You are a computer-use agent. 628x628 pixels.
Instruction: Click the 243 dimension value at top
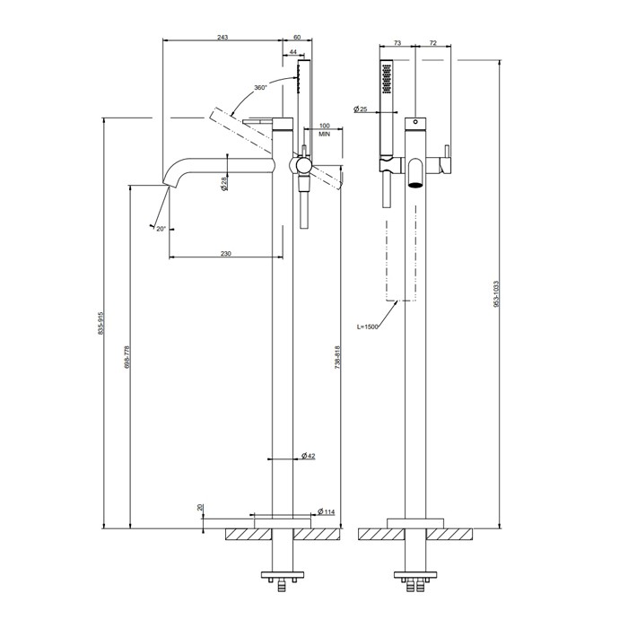click(x=222, y=38)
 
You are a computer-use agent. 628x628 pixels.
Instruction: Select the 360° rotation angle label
click(x=260, y=87)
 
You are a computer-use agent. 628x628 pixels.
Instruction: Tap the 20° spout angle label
click(x=161, y=229)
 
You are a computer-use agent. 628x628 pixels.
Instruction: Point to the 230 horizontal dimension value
click(x=226, y=253)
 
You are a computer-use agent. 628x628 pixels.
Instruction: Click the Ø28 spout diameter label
click(x=224, y=183)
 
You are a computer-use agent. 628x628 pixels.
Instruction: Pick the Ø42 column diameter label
click(x=309, y=456)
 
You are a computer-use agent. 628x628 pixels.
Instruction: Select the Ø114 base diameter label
click(x=326, y=511)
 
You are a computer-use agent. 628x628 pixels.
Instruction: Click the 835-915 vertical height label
click(x=100, y=323)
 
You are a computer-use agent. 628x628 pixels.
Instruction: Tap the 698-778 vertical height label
click(x=127, y=357)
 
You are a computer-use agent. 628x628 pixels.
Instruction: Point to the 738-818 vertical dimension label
click(x=337, y=357)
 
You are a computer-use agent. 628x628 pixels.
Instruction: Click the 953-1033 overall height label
click(x=496, y=294)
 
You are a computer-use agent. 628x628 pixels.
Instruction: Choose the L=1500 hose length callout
click(x=367, y=327)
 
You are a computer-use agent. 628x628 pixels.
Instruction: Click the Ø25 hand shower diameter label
click(x=361, y=109)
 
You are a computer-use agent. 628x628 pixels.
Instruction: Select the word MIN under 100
click(x=325, y=135)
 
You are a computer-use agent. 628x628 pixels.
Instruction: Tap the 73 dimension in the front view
click(x=397, y=43)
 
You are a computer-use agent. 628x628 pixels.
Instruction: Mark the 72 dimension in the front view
click(x=433, y=43)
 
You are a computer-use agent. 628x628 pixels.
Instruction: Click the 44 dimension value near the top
click(x=292, y=52)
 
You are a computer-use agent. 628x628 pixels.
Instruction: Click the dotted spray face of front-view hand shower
click(x=387, y=79)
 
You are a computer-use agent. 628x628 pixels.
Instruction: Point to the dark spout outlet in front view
click(x=415, y=185)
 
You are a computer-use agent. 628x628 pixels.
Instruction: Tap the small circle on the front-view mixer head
click(x=415, y=121)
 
